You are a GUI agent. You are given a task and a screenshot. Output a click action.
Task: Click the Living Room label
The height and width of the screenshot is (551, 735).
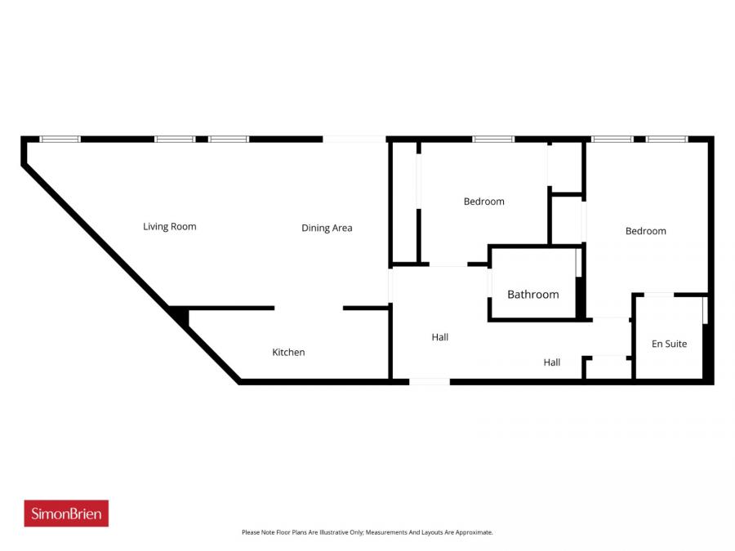[x=169, y=226]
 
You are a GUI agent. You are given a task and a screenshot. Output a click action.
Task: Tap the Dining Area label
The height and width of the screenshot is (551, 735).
[x=327, y=228]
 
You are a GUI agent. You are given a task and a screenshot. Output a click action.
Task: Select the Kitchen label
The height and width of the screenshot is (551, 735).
[x=288, y=352]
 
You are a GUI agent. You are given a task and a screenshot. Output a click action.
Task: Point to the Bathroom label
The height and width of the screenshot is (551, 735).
[x=533, y=294]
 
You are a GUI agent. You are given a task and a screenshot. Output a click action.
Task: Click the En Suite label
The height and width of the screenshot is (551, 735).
[x=669, y=344]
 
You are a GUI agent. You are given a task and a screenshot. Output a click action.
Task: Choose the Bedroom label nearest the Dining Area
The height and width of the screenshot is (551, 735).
[x=483, y=201]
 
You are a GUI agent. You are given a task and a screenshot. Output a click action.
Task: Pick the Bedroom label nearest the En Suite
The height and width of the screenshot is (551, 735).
[x=645, y=231]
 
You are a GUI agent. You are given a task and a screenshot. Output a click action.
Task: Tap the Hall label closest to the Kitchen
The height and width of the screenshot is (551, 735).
[x=440, y=336]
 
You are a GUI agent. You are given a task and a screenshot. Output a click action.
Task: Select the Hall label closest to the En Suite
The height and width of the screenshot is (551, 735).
[x=552, y=362]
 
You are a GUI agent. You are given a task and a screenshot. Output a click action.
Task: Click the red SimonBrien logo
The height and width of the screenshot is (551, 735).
[x=66, y=513]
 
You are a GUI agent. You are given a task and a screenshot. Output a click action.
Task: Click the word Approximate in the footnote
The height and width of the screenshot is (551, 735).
[x=474, y=532]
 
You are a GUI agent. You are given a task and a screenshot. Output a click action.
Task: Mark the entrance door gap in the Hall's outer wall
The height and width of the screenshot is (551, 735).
[x=430, y=381]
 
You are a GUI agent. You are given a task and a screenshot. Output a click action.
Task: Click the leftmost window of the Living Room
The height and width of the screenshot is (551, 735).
[x=60, y=140]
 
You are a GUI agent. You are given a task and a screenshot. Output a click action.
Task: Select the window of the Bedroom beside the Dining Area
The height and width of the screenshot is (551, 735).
[x=493, y=140]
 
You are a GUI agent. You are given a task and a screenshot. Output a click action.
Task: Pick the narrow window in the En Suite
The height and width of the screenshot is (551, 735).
[x=704, y=311]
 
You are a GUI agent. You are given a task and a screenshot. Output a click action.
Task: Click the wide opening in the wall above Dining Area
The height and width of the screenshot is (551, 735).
[x=354, y=140]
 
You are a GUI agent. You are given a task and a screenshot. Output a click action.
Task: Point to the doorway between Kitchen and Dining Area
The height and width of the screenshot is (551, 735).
[x=309, y=308]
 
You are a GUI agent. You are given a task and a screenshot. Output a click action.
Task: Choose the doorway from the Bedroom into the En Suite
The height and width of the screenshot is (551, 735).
[x=659, y=294]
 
